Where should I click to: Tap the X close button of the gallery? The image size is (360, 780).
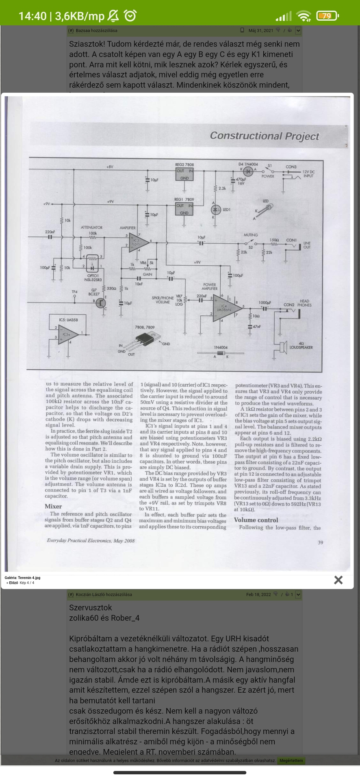click(x=338, y=580)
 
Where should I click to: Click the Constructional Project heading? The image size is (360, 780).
click(x=265, y=136)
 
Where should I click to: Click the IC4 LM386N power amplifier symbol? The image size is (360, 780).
click(x=226, y=308)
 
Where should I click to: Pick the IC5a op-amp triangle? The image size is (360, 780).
click(x=67, y=335)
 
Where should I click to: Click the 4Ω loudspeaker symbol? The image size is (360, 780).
click(x=282, y=348)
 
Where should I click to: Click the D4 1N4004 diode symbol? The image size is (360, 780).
click(x=248, y=171)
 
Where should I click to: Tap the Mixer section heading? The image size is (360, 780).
click(x=53, y=506)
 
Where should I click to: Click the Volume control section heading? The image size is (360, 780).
click(x=256, y=520)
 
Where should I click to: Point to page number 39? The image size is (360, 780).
click(x=321, y=542)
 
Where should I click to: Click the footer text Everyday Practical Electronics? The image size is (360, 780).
click(x=91, y=541)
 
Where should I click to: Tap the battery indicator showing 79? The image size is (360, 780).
click(x=327, y=16)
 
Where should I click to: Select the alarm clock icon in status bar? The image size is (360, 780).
click(x=130, y=16)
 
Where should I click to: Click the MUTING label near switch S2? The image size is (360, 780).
click(x=251, y=235)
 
